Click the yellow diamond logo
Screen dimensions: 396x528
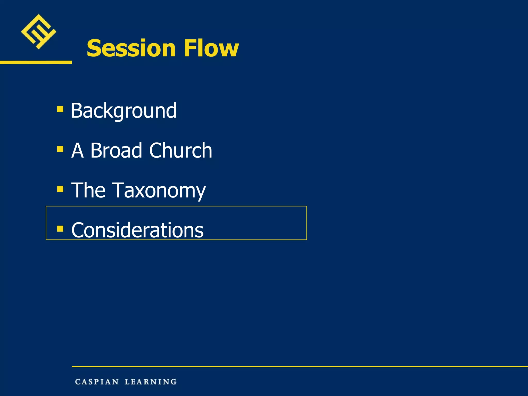pos(38,31)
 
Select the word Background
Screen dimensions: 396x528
pos(124,111)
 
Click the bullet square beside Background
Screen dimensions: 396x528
pos(60,109)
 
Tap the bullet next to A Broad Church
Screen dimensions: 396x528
pos(60,149)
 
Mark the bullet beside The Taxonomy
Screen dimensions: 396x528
pos(60,189)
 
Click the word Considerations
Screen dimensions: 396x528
pos(137,230)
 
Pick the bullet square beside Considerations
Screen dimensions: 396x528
pos(60,229)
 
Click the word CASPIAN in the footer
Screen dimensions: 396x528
pos(97,382)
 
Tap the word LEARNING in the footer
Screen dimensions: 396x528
pos(151,382)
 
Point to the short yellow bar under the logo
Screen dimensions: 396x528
pos(36,62)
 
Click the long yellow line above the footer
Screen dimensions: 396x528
pos(299,366)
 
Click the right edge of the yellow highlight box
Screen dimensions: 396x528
pos(307,223)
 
